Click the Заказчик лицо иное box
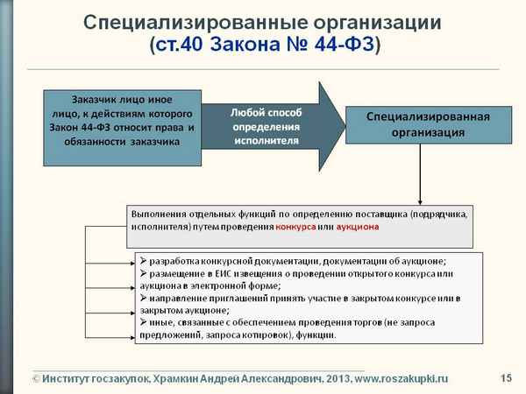(x=122, y=127)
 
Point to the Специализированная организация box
(x=428, y=124)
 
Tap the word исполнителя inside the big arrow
(x=266, y=140)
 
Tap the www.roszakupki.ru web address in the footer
(x=400, y=378)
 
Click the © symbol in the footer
(x=36, y=378)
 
